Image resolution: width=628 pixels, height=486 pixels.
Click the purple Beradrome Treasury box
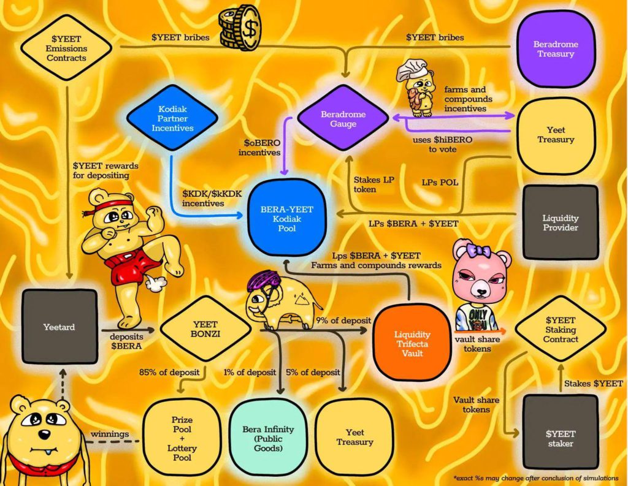556,49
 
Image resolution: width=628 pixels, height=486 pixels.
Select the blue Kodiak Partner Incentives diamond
172,118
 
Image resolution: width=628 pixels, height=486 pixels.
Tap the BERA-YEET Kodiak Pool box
287,219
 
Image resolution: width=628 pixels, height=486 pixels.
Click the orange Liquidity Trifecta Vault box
412,343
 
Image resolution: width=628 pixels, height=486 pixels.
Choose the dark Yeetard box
59,327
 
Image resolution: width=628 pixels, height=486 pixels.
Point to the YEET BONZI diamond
205,329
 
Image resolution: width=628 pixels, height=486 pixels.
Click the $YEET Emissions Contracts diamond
66,48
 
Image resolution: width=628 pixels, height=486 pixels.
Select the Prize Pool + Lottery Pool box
182,439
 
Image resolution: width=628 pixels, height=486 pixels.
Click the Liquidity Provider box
561,222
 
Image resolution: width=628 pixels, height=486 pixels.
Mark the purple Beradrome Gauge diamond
343,119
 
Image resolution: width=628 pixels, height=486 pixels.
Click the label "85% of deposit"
169,372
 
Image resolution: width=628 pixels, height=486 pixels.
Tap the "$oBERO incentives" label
259,147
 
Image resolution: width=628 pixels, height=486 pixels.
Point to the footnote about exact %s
536,478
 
